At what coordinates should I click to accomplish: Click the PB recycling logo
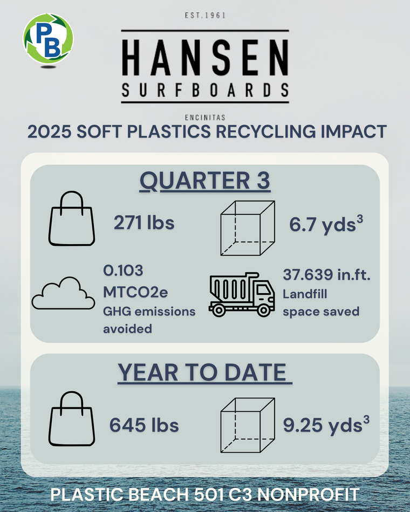[48, 38]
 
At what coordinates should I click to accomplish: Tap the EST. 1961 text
[205, 15]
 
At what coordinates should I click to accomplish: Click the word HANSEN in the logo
[205, 58]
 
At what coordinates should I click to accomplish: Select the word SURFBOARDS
[205, 90]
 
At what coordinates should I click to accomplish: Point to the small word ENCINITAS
[205, 117]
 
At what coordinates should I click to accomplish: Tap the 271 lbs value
[144, 223]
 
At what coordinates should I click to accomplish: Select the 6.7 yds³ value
[326, 224]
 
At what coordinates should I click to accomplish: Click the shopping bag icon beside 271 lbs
[72, 218]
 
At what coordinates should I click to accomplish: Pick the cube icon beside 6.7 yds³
[248, 228]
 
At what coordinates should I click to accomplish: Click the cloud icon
[63, 293]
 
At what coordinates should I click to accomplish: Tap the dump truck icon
[242, 294]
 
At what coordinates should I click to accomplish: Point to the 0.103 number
[123, 271]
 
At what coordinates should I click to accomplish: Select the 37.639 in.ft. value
[326, 275]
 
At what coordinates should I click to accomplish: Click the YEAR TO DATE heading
[205, 372]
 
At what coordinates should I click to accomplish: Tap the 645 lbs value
[144, 425]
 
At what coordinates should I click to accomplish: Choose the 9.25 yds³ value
[326, 425]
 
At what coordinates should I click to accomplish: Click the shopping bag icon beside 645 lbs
[72, 419]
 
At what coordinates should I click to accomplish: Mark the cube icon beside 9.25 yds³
[248, 425]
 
